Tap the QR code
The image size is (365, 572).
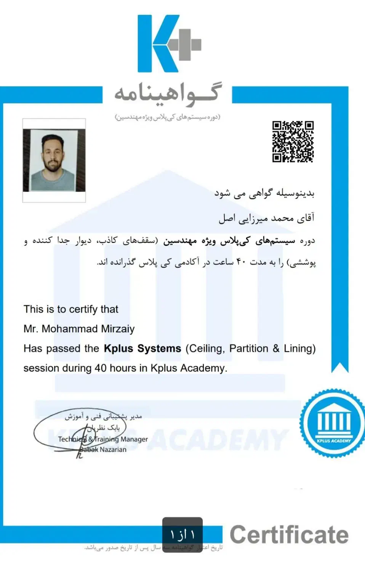tap(293, 141)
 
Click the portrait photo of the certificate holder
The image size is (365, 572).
tap(54, 160)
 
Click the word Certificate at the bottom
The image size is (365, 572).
tap(289, 535)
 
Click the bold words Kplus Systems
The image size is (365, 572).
tap(142, 349)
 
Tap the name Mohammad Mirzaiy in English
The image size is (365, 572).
tap(88, 329)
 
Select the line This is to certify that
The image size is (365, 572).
tap(71, 309)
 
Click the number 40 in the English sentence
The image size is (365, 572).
tap(101, 368)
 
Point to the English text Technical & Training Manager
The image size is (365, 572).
tap(103, 439)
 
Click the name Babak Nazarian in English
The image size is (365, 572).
tap(103, 450)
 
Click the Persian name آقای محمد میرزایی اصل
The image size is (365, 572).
tap(266, 218)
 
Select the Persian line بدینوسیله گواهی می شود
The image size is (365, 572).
tap(264, 193)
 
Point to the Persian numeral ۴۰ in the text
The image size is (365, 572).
tap(242, 262)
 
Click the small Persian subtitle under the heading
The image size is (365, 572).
tap(168, 117)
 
